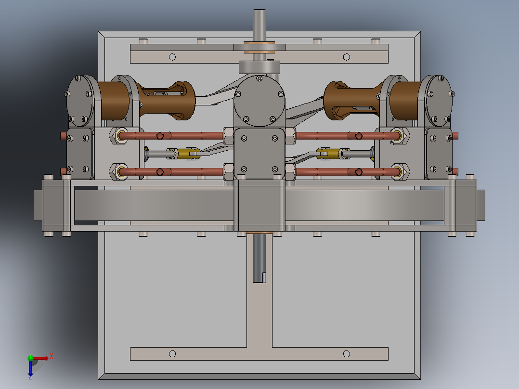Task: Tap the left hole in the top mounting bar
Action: tap(172, 57)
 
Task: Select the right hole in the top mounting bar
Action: tap(346, 57)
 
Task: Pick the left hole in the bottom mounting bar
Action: tap(172, 354)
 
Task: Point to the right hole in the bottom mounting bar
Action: tap(346, 354)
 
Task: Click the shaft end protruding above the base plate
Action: tap(259, 19)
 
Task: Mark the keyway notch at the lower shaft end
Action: tap(264, 277)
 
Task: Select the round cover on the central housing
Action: tap(259, 100)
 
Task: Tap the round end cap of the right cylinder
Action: tap(439, 99)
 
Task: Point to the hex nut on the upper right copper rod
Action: tap(399, 136)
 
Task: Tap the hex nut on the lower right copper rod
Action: tap(399, 171)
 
